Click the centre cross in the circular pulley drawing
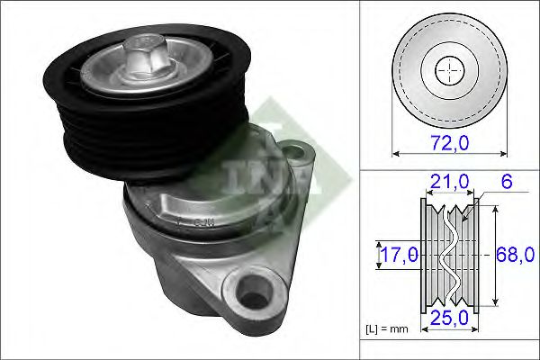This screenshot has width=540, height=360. [447, 69]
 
